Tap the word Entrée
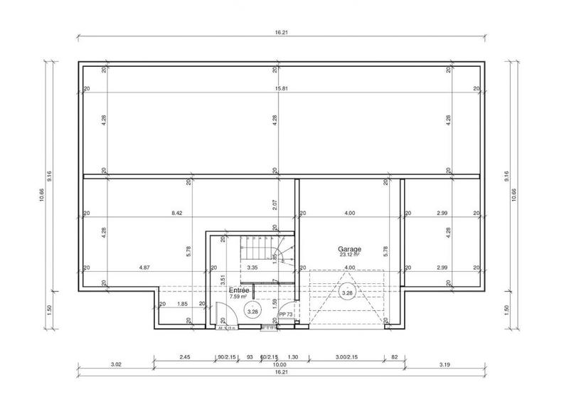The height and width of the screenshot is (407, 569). tap(239, 291)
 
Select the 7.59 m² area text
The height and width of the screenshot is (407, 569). tap(239, 297)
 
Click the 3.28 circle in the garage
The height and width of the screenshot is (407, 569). tap(347, 292)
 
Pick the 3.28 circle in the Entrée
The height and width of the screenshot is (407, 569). tap(252, 311)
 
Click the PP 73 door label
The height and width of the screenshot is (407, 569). tap(285, 313)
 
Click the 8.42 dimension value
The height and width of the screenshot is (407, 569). tap(178, 213)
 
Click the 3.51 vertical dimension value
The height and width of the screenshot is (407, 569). tap(223, 280)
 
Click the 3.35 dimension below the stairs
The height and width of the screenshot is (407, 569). tap(252, 268)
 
